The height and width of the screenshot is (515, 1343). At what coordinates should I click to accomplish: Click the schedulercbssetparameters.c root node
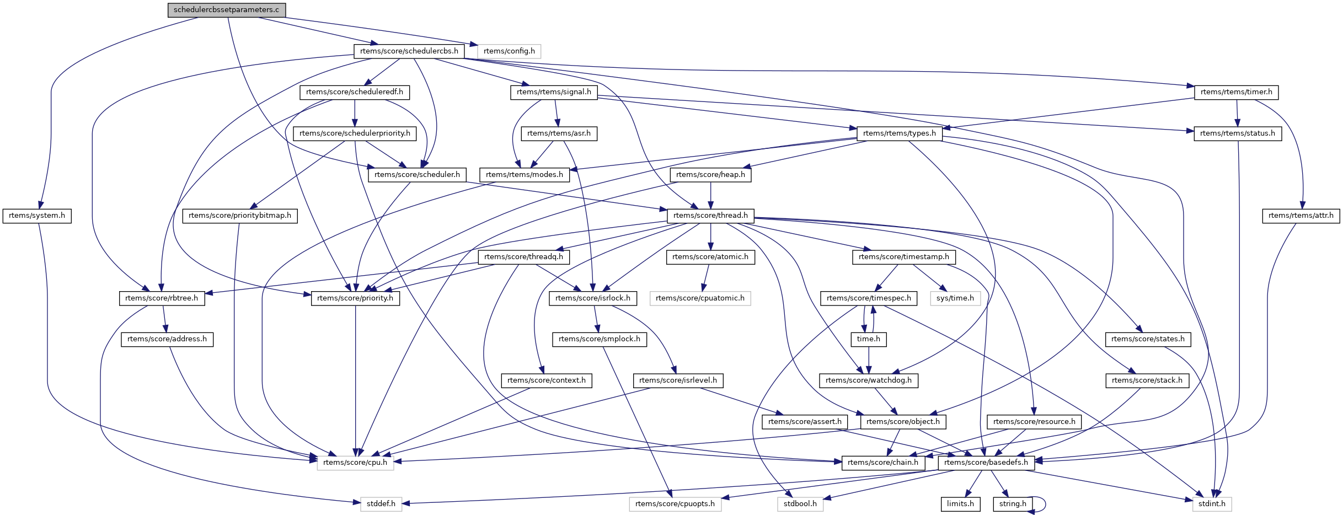tap(227, 10)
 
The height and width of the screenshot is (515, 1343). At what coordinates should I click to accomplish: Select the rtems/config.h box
tap(509, 51)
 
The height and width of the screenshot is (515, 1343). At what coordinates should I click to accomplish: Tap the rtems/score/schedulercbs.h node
tap(409, 51)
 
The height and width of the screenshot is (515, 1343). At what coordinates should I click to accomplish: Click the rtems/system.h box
tap(37, 216)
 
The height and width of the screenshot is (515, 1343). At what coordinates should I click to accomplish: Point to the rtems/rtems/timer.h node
tap(1236, 92)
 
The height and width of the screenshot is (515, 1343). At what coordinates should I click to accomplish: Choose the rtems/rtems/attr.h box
tap(1301, 216)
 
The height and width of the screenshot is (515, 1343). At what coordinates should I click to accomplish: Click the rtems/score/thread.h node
tap(710, 216)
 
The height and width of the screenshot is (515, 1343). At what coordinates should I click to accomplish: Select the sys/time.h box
tap(955, 298)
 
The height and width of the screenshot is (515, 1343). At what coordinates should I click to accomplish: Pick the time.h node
tap(869, 339)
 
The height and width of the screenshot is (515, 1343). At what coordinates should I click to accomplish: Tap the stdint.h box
tap(1212, 504)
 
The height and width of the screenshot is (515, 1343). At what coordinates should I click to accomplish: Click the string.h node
tap(1013, 504)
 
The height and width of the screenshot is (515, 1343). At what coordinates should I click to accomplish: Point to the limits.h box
tap(960, 504)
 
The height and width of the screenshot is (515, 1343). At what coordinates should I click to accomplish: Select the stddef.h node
tap(381, 504)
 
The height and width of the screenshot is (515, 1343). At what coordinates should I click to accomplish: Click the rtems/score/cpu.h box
tap(355, 463)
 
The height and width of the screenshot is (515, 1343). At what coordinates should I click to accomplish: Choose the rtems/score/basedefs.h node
tap(986, 463)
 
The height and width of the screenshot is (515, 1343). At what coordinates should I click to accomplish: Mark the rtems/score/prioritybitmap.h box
tap(240, 216)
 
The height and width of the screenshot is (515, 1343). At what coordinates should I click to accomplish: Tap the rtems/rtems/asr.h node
tap(559, 133)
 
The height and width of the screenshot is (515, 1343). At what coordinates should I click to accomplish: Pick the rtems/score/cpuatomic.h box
tap(700, 298)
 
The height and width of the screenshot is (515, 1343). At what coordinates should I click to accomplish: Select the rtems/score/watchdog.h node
tap(869, 380)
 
